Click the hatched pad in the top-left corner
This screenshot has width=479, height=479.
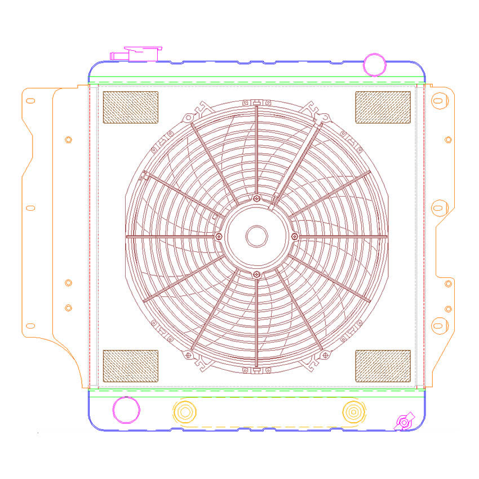(x=130, y=107)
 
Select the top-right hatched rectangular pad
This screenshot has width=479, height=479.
(x=383, y=107)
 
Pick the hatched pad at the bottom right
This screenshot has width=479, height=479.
(x=383, y=365)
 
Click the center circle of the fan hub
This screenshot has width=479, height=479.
(x=256, y=236)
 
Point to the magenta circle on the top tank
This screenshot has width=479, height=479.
(x=374, y=64)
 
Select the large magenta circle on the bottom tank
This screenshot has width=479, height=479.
(x=126, y=410)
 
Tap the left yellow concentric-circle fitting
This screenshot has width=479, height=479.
(x=184, y=411)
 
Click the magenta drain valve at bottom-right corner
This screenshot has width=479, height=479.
(x=403, y=422)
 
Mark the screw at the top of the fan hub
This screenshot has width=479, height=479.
(x=257, y=198)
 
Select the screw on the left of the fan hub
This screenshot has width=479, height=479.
(x=219, y=236)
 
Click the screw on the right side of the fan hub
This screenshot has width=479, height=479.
(x=294, y=236)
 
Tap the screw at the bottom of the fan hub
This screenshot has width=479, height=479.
(x=257, y=274)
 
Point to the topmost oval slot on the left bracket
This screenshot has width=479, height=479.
(x=30, y=101)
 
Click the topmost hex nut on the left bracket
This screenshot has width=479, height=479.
(x=68, y=140)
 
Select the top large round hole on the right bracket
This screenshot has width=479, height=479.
(x=437, y=101)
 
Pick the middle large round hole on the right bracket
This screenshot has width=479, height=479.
(x=437, y=207)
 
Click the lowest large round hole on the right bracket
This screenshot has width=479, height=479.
(x=437, y=325)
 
